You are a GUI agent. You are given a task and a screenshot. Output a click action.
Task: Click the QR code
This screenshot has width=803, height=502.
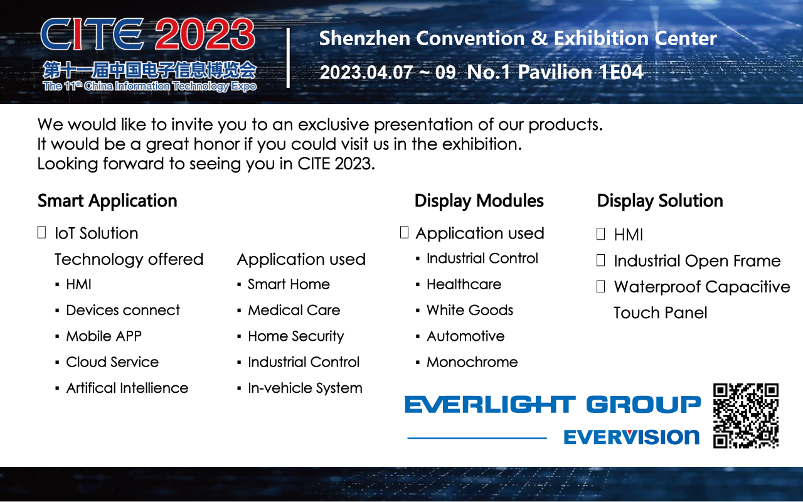pyautogui.click(x=746, y=416)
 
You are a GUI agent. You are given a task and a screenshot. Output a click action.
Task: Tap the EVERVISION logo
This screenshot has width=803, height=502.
pyautogui.click(x=632, y=437)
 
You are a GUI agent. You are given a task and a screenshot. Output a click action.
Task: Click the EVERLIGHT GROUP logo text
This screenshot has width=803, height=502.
pyautogui.click(x=553, y=405)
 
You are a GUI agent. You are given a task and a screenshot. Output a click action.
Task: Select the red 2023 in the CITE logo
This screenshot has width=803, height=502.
pyautogui.click(x=205, y=34)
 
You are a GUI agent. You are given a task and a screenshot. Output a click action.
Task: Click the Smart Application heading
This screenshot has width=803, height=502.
pyautogui.click(x=107, y=201)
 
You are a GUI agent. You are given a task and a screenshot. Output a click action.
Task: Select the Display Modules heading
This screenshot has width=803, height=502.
pyautogui.click(x=479, y=201)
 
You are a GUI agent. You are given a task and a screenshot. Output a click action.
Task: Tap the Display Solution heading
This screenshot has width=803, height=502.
pyautogui.click(x=660, y=201)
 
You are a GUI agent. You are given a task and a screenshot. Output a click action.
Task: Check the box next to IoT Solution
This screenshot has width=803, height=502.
pyautogui.click(x=41, y=232)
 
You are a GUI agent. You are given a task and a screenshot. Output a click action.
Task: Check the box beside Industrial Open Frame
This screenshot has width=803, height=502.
pyautogui.click(x=601, y=260)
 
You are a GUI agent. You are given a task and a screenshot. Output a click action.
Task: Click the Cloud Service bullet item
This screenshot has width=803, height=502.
pyautogui.click(x=112, y=362)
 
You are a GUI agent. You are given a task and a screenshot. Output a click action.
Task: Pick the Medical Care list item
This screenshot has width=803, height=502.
pyautogui.click(x=294, y=310)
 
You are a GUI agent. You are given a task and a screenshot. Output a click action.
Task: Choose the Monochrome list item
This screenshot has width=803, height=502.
pyautogui.click(x=472, y=362)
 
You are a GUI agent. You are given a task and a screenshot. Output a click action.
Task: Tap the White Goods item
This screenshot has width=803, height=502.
pyautogui.click(x=470, y=310)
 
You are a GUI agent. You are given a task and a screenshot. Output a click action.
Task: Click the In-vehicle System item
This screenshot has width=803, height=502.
pyautogui.click(x=305, y=388)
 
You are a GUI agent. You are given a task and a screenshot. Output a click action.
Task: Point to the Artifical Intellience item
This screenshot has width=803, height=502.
pyautogui.click(x=127, y=388)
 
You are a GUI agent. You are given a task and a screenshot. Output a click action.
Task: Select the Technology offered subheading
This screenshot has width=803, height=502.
pyautogui.click(x=129, y=259)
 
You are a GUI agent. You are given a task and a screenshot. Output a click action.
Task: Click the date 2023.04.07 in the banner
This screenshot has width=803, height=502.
pyautogui.click(x=366, y=72)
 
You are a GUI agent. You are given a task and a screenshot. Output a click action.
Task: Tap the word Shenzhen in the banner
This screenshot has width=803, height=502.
pyautogui.click(x=364, y=38)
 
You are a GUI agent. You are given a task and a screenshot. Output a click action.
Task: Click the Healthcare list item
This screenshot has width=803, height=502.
pyautogui.click(x=464, y=284)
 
